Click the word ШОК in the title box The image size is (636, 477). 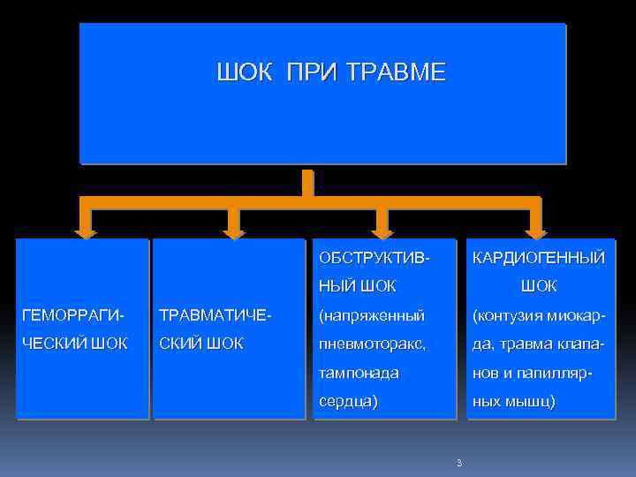point(245,72)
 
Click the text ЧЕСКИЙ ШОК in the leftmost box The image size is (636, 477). point(75,344)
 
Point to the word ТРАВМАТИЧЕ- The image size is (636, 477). point(212,315)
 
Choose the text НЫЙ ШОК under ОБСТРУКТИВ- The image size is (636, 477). point(358,287)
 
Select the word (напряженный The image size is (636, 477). point(372,315)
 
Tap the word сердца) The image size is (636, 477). point(348,401)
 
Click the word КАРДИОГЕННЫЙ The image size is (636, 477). point(539,258)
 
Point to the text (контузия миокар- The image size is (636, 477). point(539,315)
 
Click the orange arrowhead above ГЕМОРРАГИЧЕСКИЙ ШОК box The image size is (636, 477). point(85,231)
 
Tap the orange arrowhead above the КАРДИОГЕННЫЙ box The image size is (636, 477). point(536,231)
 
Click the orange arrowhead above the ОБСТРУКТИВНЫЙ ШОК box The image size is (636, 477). point(382,231)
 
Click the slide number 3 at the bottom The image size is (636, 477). point(459,463)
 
